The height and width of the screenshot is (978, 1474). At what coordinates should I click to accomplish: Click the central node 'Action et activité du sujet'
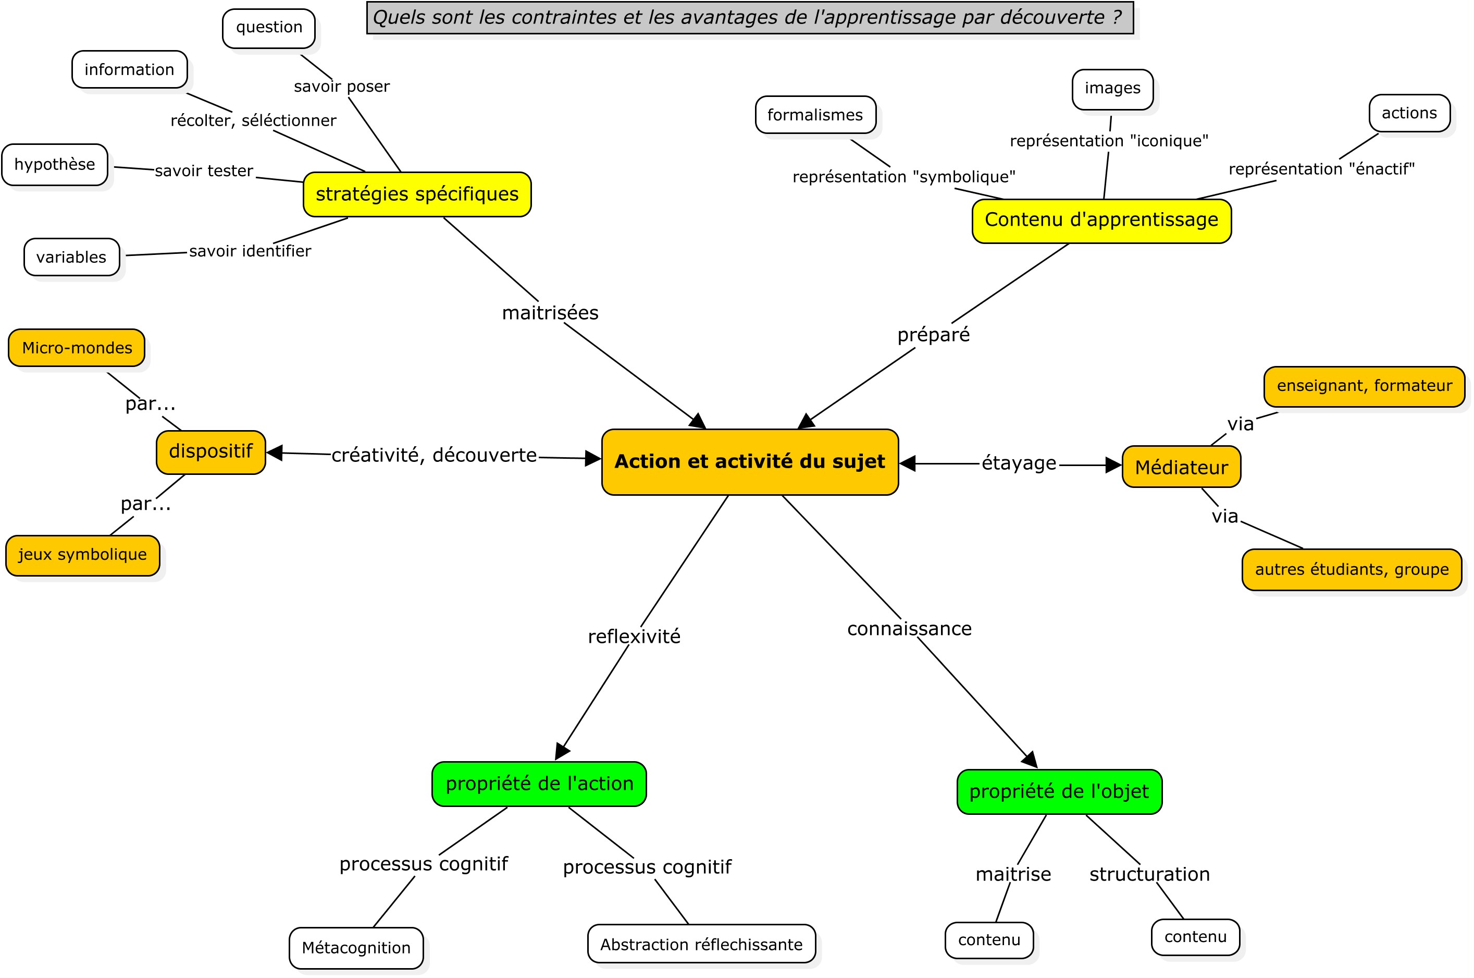[x=750, y=461]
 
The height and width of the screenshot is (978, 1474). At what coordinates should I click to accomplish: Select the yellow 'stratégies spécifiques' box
[x=417, y=194]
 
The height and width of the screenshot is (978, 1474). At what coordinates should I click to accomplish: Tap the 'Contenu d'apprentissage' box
[x=1101, y=220]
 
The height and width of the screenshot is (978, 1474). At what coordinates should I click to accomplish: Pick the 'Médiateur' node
[x=1181, y=467]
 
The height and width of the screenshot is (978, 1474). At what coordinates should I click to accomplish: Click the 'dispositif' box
[x=210, y=451]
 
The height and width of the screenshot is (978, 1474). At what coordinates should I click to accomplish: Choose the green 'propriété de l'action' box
[x=539, y=784]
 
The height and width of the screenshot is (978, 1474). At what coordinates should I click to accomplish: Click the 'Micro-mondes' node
[x=77, y=347]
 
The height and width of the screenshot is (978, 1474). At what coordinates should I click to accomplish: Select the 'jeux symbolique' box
[x=82, y=555]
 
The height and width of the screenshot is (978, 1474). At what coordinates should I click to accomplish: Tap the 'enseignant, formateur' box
[x=1364, y=386]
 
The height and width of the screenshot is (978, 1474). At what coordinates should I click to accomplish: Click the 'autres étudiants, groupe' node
[x=1351, y=569]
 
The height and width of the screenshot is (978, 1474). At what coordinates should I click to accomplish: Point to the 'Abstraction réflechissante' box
[x=701, y=944]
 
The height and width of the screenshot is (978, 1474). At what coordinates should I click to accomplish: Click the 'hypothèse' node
[x=55, y=165]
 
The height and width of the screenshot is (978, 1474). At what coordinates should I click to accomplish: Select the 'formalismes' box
[x=815, y=115]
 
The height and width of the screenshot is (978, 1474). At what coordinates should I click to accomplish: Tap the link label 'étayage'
[x=1019, y=463]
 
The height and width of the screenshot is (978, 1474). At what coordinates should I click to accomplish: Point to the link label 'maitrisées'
[x=550, y=312]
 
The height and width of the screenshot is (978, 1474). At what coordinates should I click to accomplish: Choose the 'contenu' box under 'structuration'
[x=1195, y=937]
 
